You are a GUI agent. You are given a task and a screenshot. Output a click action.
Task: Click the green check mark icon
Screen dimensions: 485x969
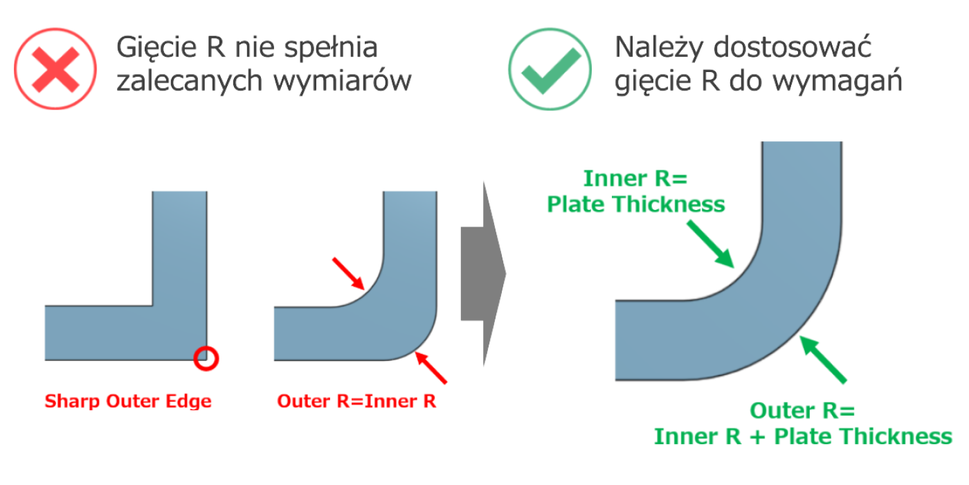tap(551, 68)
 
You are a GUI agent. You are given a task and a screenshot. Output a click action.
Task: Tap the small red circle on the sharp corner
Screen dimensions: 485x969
tap(206, 358)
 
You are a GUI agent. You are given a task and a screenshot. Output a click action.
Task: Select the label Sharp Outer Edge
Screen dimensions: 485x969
tap(128, 401)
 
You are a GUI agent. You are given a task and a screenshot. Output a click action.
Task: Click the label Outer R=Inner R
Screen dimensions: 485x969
tap(356, 401)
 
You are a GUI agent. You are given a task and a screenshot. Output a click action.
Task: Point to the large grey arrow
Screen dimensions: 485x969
tap(483, 273)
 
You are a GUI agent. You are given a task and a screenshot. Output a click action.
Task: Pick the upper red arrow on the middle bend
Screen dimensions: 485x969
tap(348, 273)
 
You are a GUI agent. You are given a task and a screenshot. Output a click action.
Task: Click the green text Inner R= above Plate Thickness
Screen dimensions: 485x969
tap(635, 179)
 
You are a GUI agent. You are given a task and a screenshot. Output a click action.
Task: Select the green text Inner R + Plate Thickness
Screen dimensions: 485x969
tap(803, 436)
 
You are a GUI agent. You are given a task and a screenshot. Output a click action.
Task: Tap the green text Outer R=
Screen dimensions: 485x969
tap(803, 411)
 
